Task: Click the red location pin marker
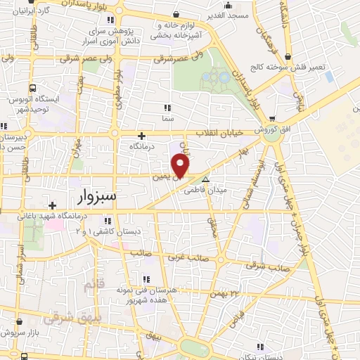(x=181, y=166)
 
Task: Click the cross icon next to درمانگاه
(x=142, y=136)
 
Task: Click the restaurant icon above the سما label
(x=167, y=108)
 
